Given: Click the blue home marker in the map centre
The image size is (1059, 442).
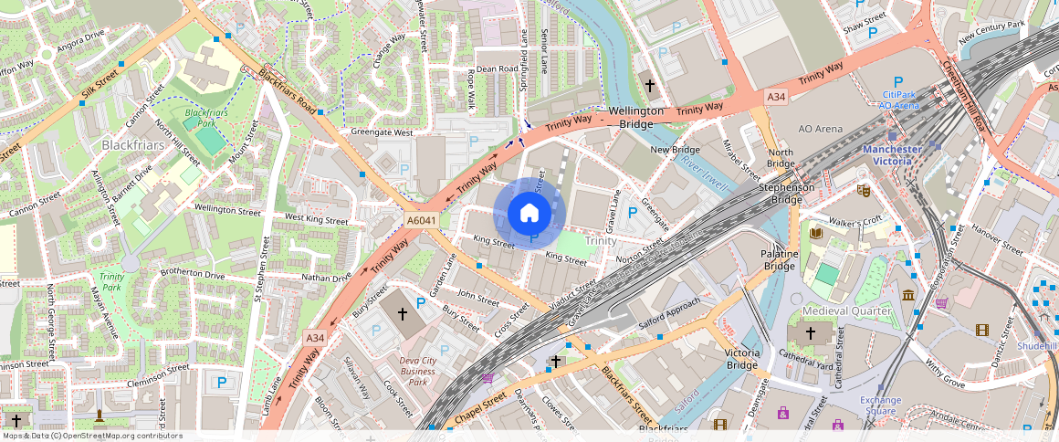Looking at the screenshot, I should (529, 213).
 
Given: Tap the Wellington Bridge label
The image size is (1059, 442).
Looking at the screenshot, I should (636, 117).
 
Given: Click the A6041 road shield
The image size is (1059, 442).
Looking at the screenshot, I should (420, 220).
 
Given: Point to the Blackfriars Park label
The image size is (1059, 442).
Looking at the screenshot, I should (203, 118).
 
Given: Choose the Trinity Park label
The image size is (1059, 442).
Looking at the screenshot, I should (111, 281).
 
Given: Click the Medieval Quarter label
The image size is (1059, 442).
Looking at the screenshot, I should (846, 311).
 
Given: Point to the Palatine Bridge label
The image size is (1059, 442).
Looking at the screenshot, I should (780, 260).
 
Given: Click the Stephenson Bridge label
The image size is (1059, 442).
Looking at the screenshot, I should (787, 194).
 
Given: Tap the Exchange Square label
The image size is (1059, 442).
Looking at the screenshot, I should (880, 405).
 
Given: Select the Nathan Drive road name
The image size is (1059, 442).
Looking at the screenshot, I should (326, 278).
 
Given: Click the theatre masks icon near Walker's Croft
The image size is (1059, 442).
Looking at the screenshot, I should (863, 191).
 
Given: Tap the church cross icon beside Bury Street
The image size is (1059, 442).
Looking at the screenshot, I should (402, 314).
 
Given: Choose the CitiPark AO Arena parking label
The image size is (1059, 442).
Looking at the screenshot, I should (898, 100).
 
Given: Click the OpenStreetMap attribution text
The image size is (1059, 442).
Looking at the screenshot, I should (92, 436).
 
